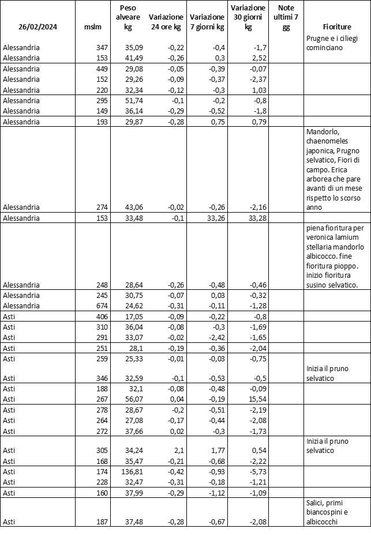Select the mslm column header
pyautogui.click(x=92, y=27)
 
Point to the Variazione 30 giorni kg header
pyautogui.click(x=248, y=17)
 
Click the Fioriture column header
pyautogui.click(x=337, y=27)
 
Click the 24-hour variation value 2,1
pyautogui.click(x=178, y=450)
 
